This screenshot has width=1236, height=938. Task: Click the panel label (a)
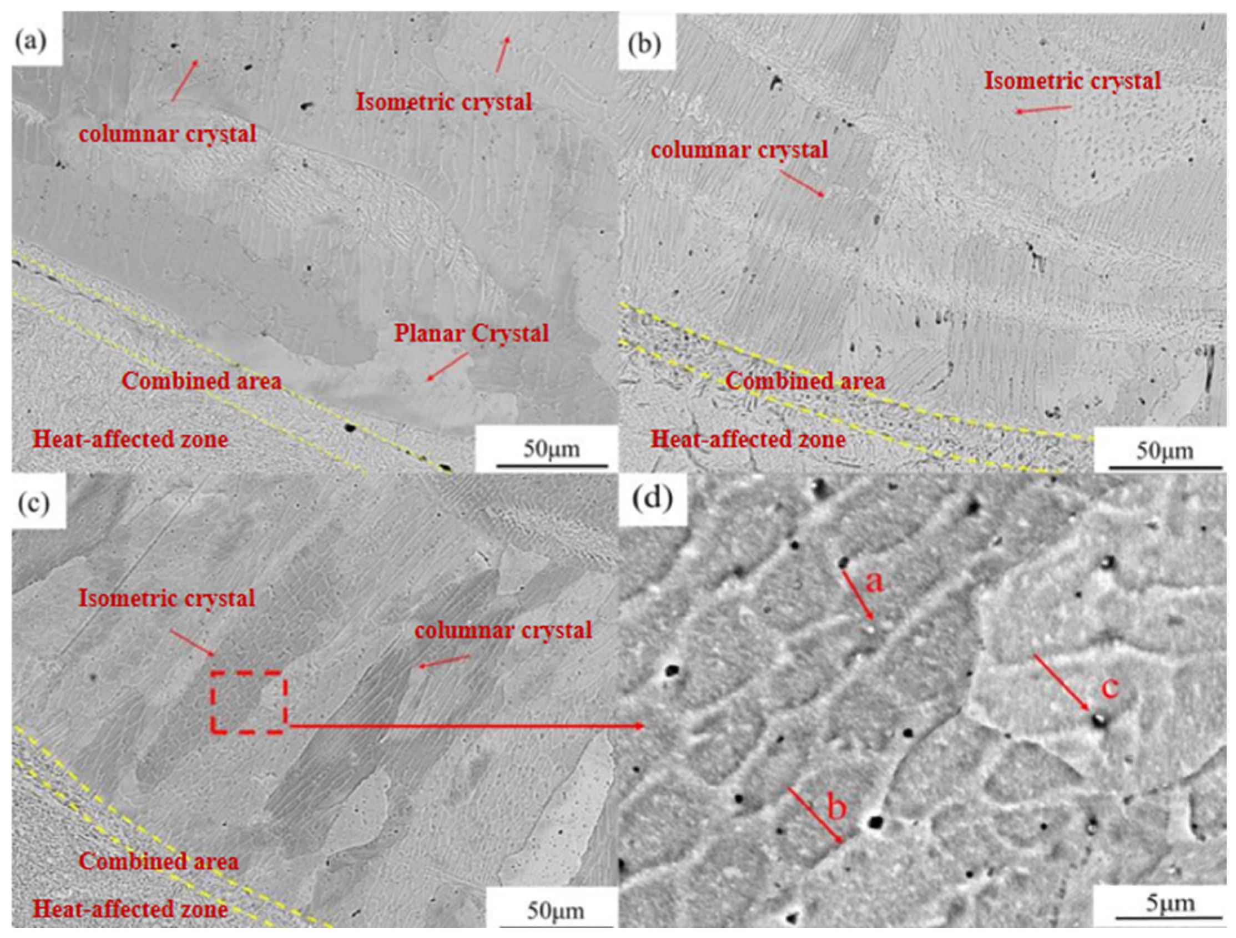[31, 42]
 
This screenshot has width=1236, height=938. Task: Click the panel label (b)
[645, 45]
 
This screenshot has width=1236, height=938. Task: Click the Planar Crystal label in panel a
[472, 334]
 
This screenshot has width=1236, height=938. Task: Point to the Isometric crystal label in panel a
[444, 102]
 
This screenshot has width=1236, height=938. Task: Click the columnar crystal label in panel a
[168, 134]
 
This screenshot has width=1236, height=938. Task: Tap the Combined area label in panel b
[805, 381]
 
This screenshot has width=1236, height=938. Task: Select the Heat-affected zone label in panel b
[748, 440]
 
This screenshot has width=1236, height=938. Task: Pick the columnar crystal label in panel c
[503, 631]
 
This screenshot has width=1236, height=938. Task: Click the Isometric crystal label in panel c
[167, 598]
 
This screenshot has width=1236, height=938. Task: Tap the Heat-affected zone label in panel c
[130, 909]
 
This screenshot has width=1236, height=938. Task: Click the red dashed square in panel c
[249, 702]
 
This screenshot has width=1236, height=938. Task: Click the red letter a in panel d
[876, 583]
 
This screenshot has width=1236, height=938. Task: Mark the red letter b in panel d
[836, 808]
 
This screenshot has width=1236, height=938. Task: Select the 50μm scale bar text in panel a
[552, 448]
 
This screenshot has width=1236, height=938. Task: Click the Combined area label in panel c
[159, 861]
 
